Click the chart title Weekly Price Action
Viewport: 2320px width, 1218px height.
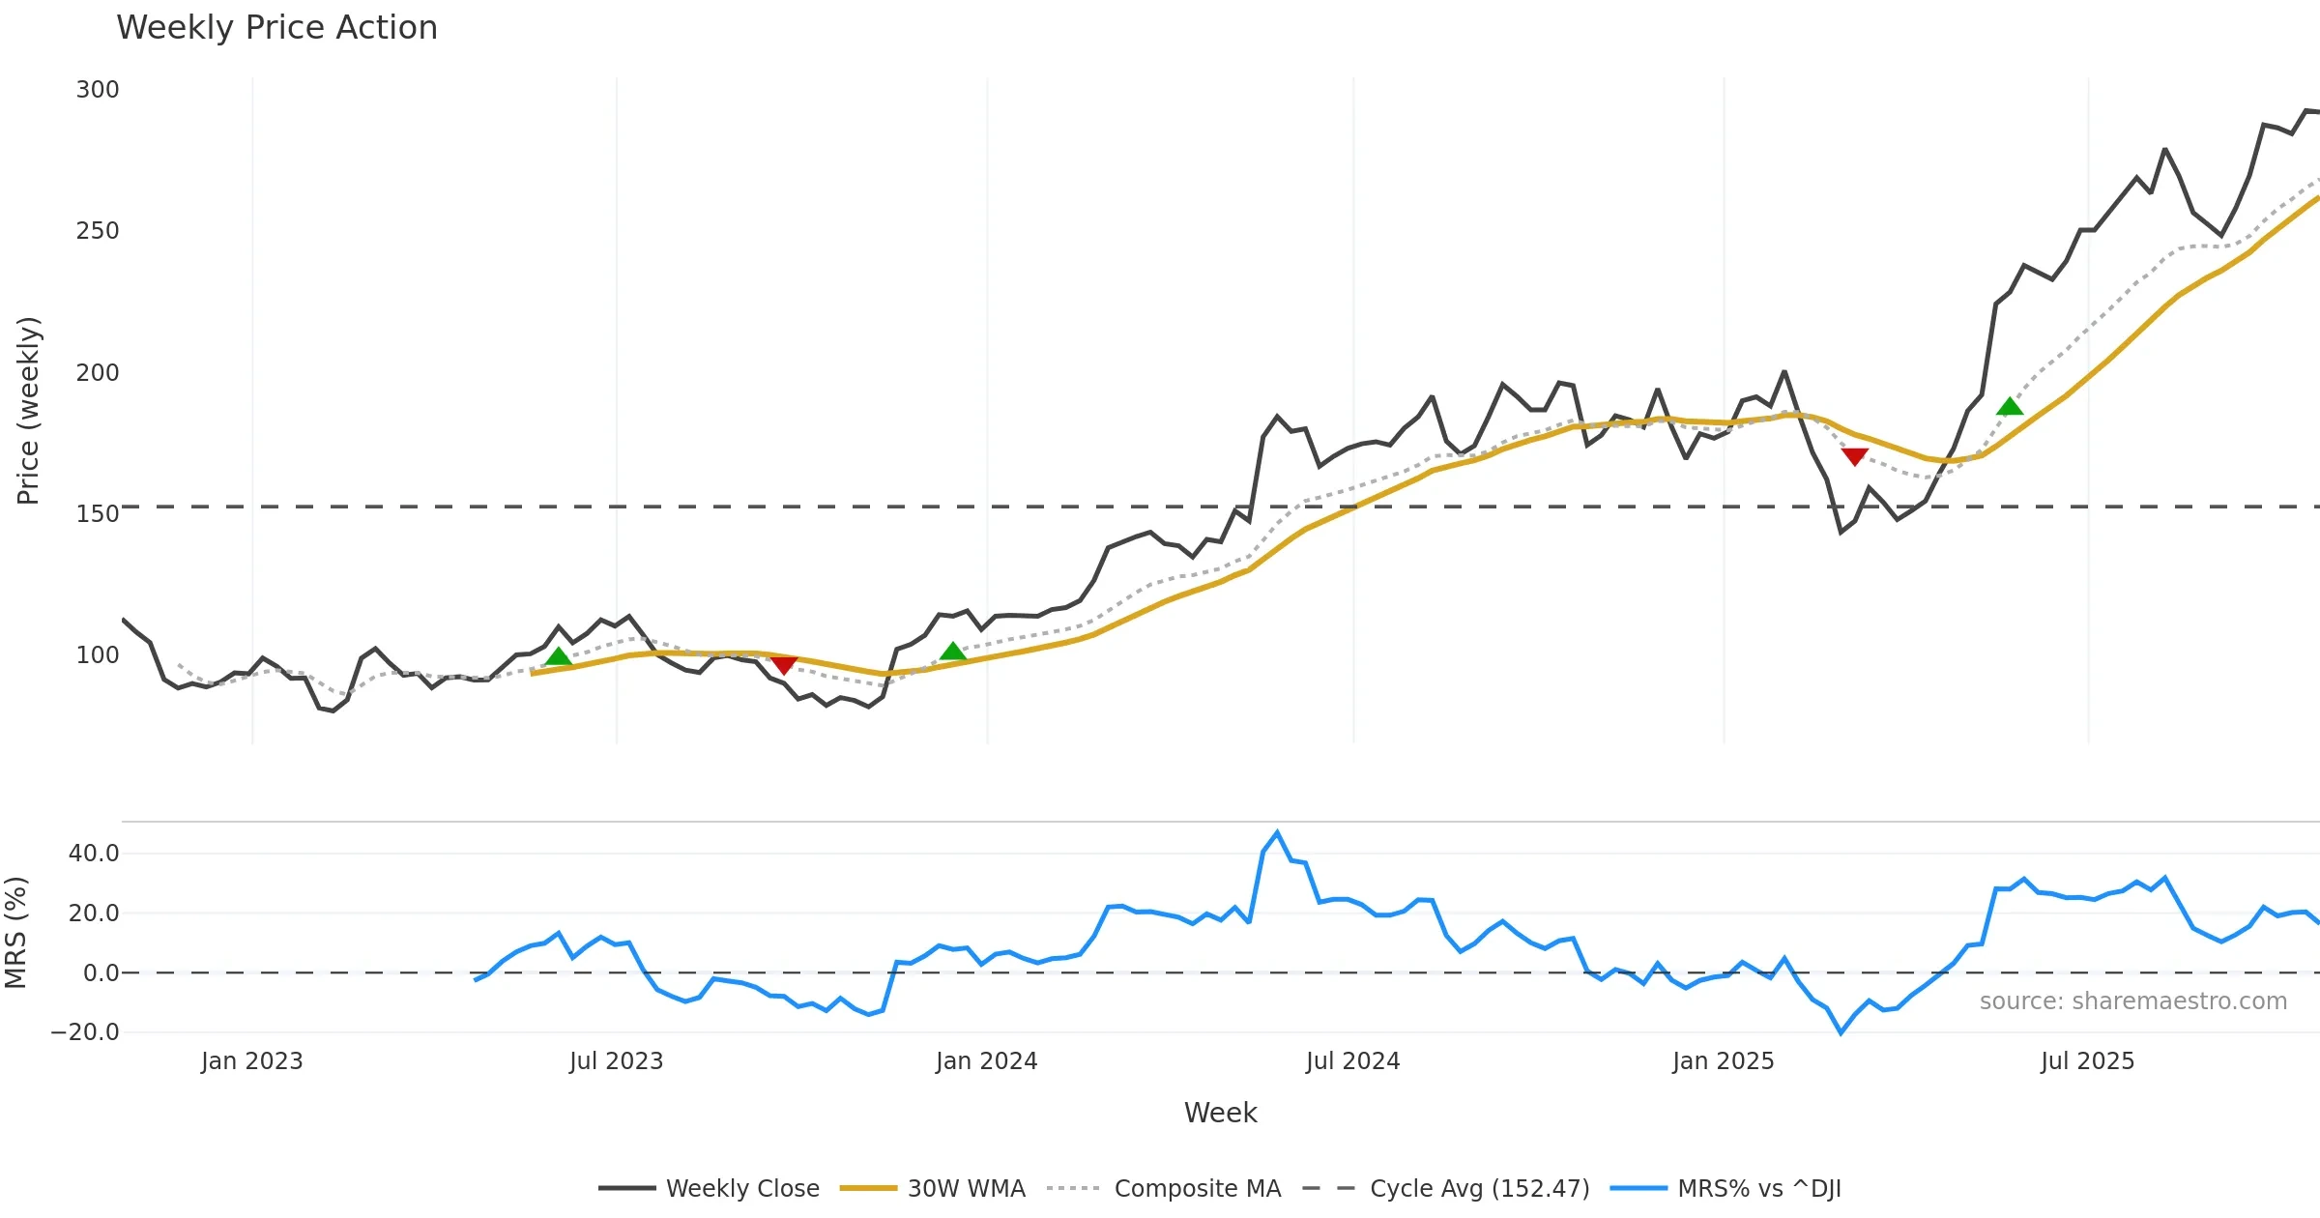[x=276, y=28]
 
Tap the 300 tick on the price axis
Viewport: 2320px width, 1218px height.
[x=98, y=90]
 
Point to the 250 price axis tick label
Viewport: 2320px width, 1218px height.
[x=98, y=231]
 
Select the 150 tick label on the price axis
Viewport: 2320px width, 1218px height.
[x=98, y=513]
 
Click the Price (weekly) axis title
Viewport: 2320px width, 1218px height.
[x=29, y=411]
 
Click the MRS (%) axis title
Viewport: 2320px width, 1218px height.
[x=16, y=932]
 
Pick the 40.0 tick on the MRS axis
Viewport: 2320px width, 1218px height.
[x=94, y=854]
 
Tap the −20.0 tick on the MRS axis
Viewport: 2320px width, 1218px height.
[x=85, y=1031]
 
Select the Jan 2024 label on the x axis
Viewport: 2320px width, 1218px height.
[x=986, y=1061]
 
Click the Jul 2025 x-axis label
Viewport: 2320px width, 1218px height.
[x=2087, y=1061]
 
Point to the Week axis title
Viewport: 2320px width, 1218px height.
[x=1220, y=1114]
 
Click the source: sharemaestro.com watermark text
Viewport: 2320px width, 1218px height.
[x=2132, y=1001]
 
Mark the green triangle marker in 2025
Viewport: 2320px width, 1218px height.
[x=2010, y=407]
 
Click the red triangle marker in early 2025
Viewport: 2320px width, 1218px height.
[x=1854, y=456]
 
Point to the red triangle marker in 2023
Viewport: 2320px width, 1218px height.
[x=783, y=665]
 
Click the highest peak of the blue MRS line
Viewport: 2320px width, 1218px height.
[x=1277, y=832]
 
